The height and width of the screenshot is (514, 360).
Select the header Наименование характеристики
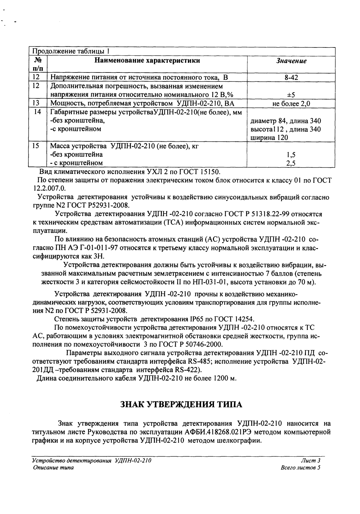[147, 60]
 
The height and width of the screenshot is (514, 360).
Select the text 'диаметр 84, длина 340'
[286, 121]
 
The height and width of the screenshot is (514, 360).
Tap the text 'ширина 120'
[269, 138]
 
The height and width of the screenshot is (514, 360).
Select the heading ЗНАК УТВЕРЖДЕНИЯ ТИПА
[180, 404]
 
